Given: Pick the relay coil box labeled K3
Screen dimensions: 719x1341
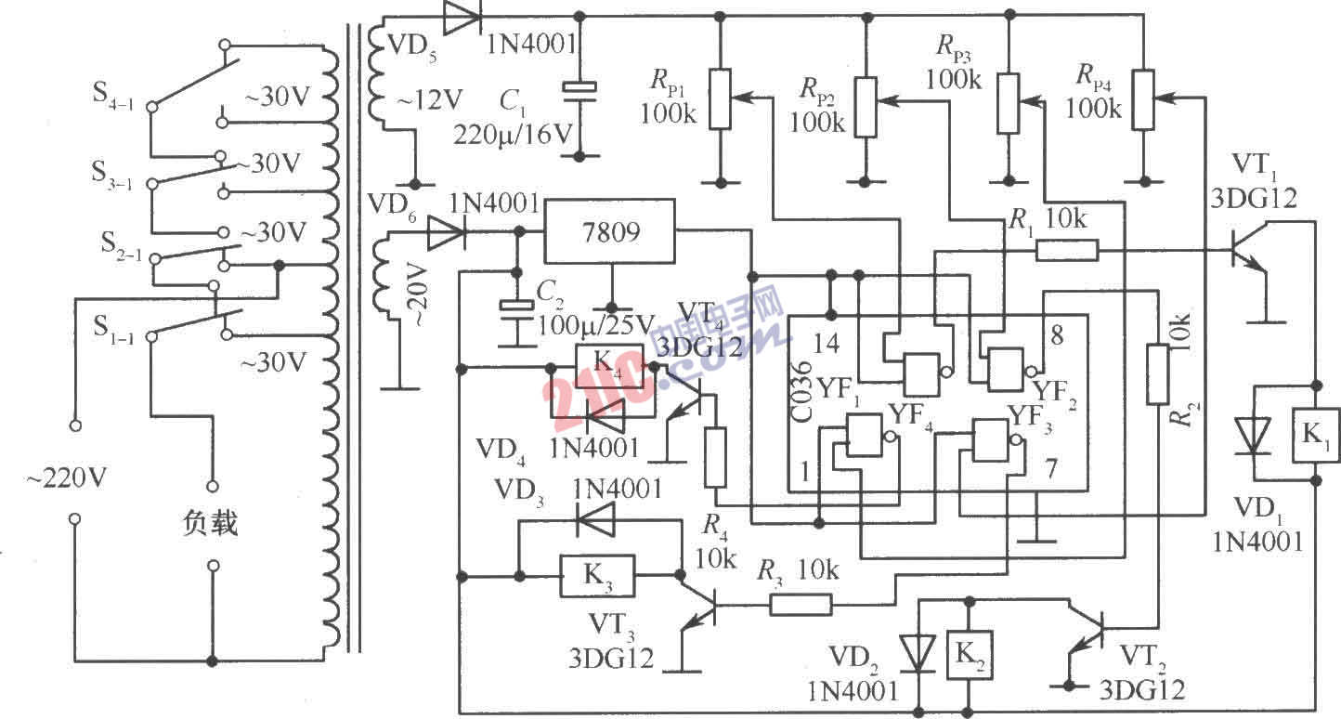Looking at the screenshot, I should click(x=596, y=577).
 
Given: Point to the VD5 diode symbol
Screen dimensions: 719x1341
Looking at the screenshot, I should click(x=461, y=17).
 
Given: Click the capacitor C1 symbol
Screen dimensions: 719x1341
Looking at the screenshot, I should click(x=580, y=89).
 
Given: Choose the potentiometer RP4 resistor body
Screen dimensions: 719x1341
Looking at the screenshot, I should click(x=1144, y=99).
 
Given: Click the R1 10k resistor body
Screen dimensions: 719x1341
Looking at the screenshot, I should click(x=1067, y=249).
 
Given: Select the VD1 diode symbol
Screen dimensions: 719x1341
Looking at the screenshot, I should click(x=1254, y=435).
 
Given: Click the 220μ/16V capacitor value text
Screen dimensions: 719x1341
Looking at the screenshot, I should click(x=513, y=133).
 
